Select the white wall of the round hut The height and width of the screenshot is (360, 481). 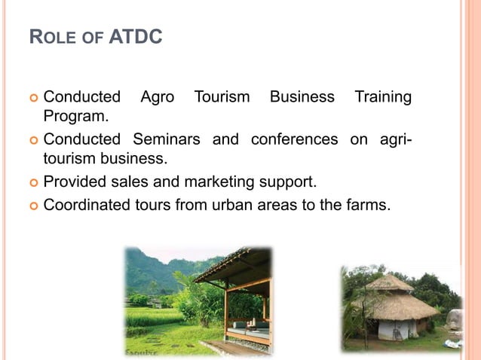(x=396, y=329)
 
